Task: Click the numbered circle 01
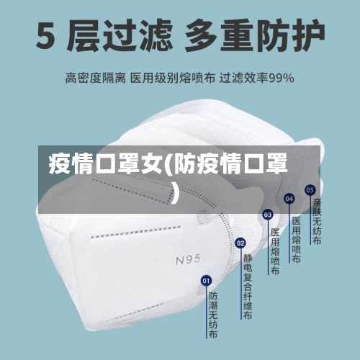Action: tap(206, 281)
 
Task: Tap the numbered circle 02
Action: tap(240, 243)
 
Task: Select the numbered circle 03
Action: tap(268, 215)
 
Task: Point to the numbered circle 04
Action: tap(289, 199)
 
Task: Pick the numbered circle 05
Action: tap(310, 190)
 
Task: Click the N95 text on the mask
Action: tap(188, 260)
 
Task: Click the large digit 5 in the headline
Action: tap(45, 36)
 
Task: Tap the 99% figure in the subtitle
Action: tap(281, 78)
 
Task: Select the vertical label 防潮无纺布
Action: tap(213, 315)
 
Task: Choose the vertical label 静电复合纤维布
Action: tap(248, 287)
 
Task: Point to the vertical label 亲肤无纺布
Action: tap(317, 221)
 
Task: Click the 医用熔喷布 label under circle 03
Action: tap(275, 251)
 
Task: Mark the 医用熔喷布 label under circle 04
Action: tap(297, 240)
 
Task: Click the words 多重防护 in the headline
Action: tap(255, 36)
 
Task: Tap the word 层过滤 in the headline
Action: tap(120, 36)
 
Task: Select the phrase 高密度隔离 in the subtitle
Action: tap(96, 78)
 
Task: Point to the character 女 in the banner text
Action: tap(152, 164)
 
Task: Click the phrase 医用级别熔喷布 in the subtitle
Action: tap(173, 78)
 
